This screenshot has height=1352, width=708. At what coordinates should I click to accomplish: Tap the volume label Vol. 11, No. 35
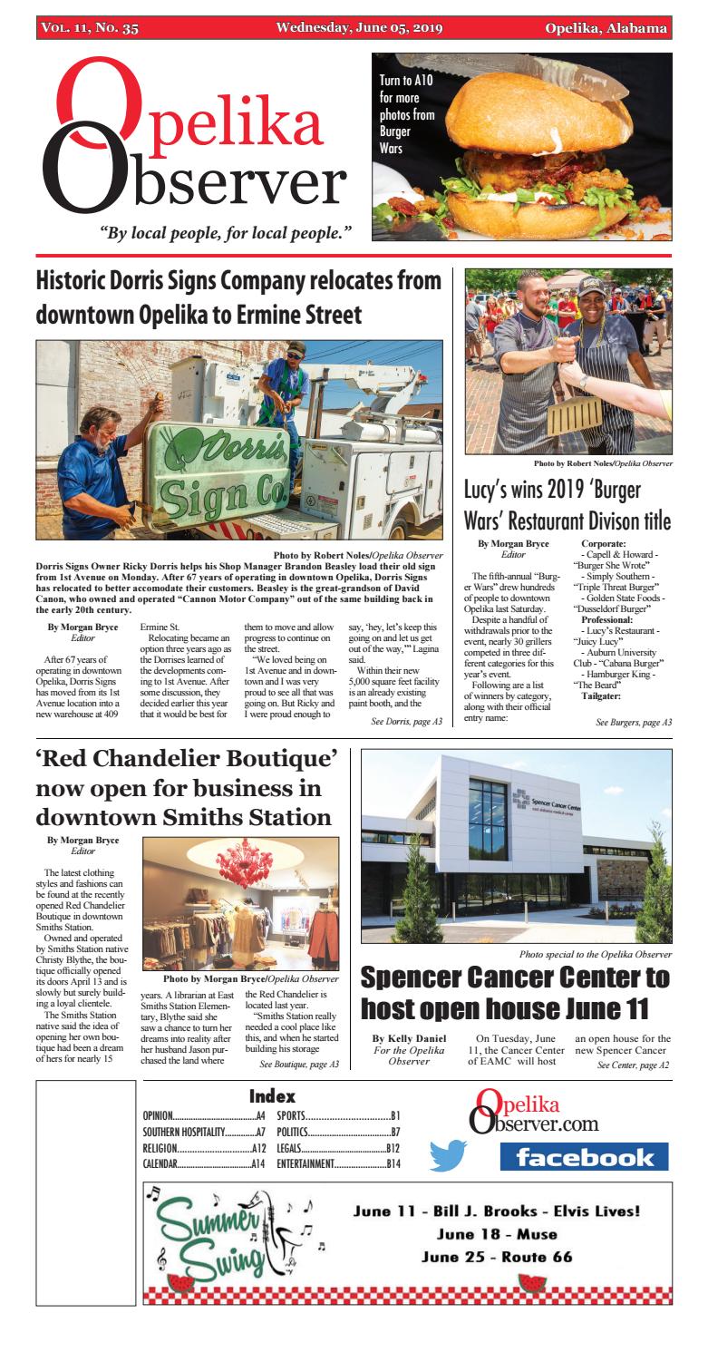coord(90,28)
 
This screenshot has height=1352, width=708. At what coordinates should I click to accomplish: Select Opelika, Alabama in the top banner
coord(606,28)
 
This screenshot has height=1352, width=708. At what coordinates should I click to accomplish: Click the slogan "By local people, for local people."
coord(225,232)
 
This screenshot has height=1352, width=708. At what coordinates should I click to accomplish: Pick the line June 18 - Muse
coord(497,1234)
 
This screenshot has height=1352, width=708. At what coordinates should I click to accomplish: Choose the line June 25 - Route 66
coord(497,1258)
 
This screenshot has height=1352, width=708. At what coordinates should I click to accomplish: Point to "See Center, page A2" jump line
coord(634,1065)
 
